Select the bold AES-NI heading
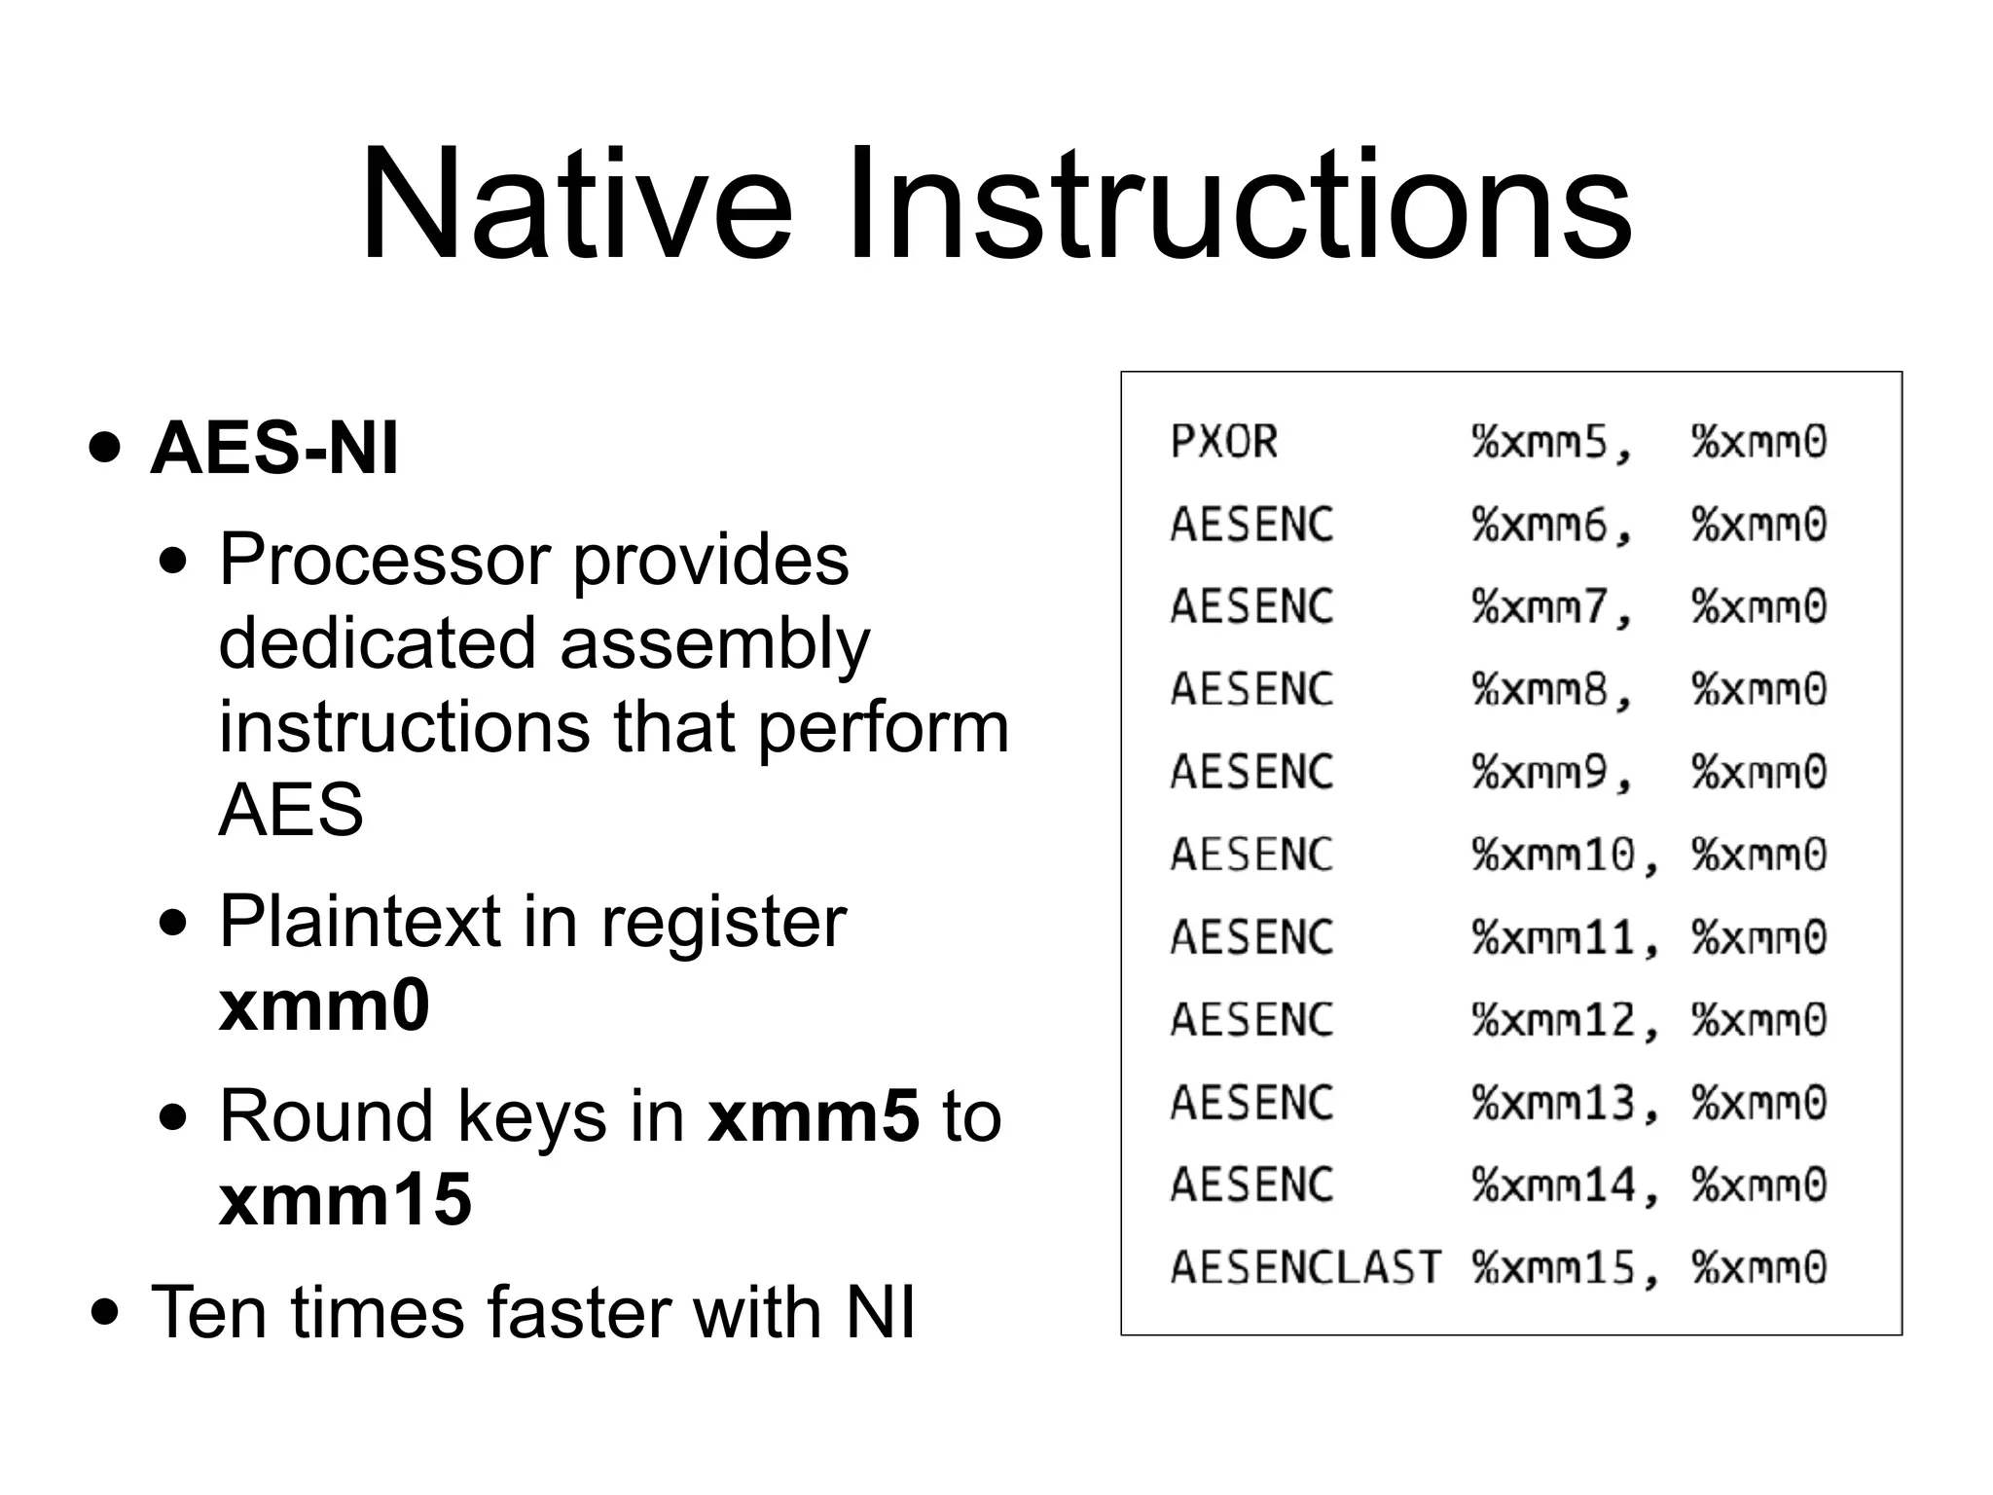tap(274, 449)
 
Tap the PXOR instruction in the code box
tap(1223, 442)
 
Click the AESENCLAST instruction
tap(1305, 1267)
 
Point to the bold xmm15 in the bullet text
tap(345, 1199)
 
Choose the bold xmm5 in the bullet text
tap(814, 1115)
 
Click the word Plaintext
tap(359, 922)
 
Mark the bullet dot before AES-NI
tap(105, 449)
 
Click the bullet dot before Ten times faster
tap(105, 1313)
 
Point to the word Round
tap(325, 1115)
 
